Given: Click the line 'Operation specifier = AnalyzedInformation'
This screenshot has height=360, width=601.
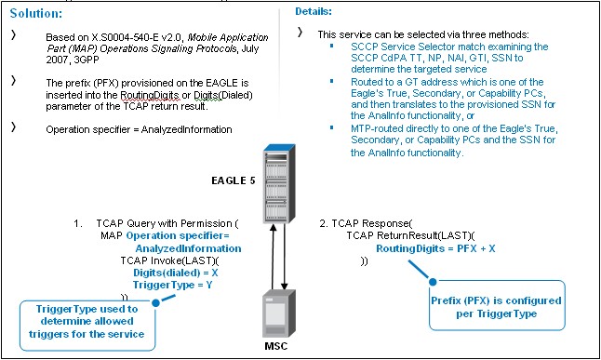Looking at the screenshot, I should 139,129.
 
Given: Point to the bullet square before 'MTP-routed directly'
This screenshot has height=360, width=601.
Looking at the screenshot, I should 330,128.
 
